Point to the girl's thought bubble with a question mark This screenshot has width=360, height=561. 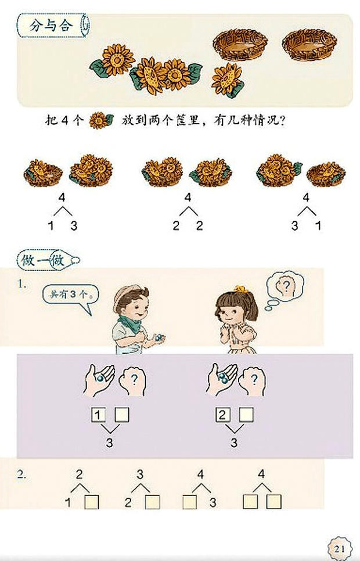pos(285,286)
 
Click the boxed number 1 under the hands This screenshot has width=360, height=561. pos(99,415)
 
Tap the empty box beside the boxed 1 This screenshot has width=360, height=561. pos(123,415)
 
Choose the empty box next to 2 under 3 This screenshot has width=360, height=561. pos(153,501)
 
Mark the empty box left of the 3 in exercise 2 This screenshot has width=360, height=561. pos(190,501)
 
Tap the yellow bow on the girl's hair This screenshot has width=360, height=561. pos(240,289)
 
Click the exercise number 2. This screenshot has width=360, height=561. pos(21,474)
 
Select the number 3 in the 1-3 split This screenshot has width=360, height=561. pos(74,225)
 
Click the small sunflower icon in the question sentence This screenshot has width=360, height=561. pos(100,121)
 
